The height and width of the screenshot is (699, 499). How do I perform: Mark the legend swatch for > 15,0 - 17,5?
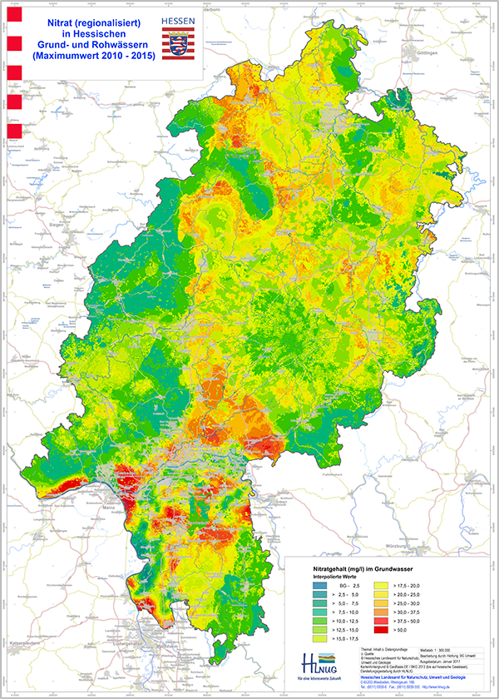(315, 640)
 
